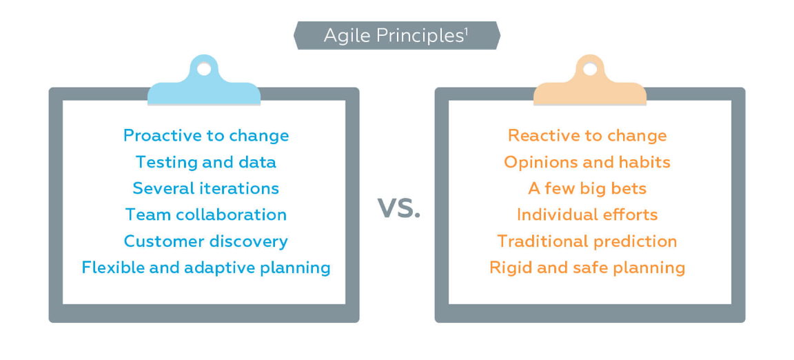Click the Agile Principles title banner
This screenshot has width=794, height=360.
(397, 35)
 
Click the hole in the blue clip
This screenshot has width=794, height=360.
(204, 68)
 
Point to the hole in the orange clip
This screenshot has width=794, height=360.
(590, 68)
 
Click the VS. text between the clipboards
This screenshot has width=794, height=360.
(399, 208)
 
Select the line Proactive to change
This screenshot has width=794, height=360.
(206, 136)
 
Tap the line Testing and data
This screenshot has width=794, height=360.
(205, 162)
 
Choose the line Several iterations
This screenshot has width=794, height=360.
(205, 188)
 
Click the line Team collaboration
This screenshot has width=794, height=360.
(205, 214)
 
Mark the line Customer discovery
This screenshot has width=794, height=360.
(205, 241)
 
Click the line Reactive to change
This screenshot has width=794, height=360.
(587, 136)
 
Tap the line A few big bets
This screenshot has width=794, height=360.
(587, 188)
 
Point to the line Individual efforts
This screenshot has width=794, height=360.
(587, 214)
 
